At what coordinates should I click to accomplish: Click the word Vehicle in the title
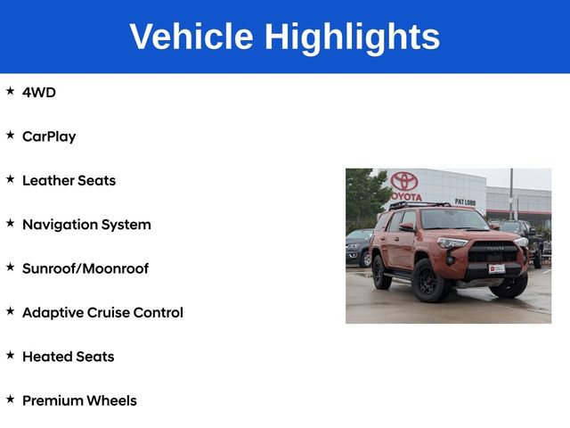(x=191, y=36)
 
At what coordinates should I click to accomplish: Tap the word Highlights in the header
(x=352, y=38)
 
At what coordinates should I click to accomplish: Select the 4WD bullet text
(x=39, y=93)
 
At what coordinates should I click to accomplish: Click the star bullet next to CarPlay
(x=10, y=135)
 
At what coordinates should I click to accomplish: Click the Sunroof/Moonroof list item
(x=85, y=268)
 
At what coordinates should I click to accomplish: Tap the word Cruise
(x=108, y=313)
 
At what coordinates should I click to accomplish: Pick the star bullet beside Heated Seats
(x=10, y=355)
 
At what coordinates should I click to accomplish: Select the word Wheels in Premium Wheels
(x=111, y=400)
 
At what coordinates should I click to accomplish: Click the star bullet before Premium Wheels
(x=10, y=399)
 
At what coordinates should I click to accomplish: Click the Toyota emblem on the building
(x=404, y=181)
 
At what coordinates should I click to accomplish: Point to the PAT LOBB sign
(x=465, y=202)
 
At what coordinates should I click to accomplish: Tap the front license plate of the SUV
(x=497, y=268)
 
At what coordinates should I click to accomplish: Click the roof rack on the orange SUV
(x=419, y=206)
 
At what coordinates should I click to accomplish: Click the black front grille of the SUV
(x=493, y=252)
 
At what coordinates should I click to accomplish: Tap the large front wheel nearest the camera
(x=429, y=281)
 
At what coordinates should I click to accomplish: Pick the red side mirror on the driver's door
(x=407, y=227)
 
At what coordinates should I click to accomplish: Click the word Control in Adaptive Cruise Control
(x=159, y=313)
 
